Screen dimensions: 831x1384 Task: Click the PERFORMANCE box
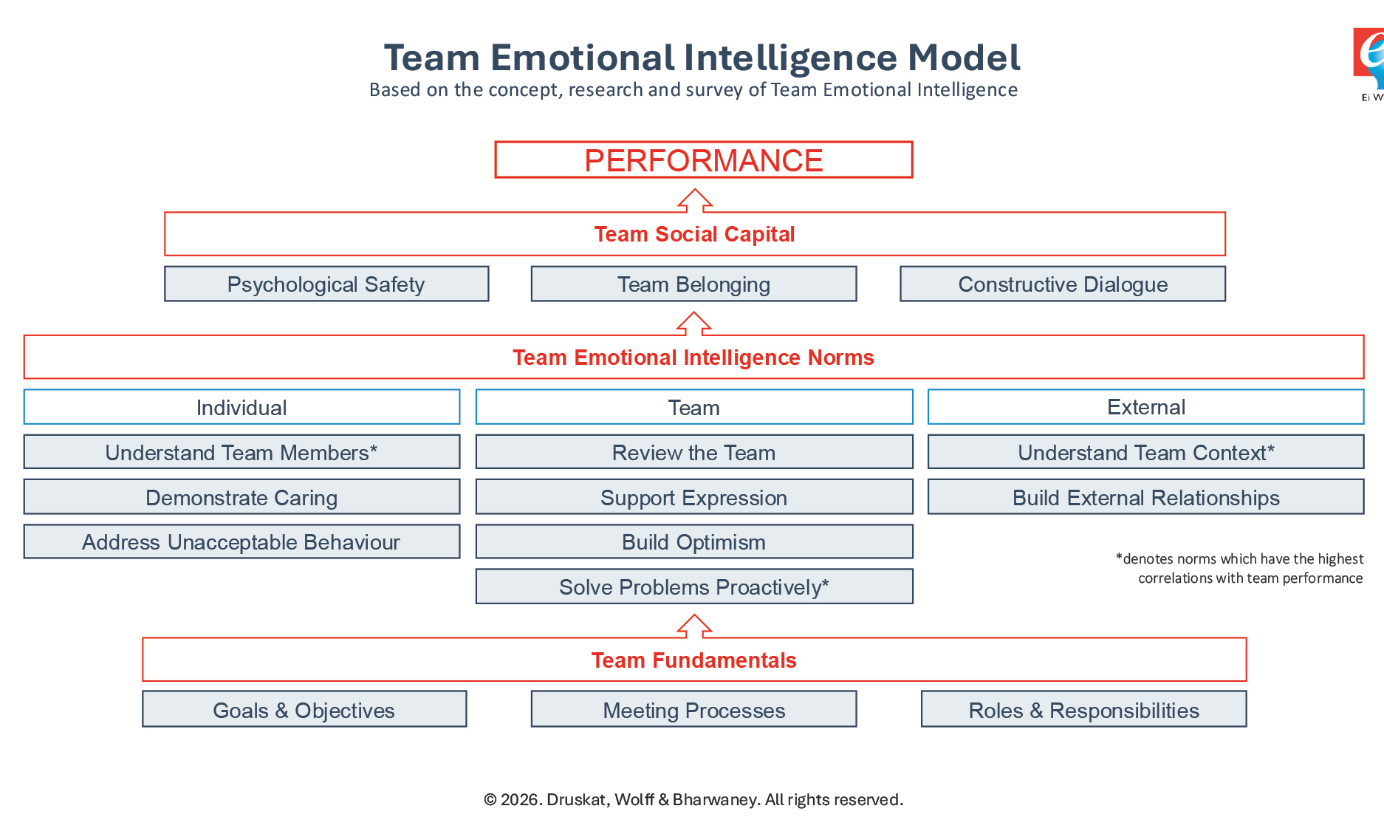coord(703,160)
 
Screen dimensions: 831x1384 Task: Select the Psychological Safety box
coord(326,284)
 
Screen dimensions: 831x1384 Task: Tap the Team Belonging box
coord(693,284)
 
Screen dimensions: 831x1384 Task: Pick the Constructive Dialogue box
coord(1062,284)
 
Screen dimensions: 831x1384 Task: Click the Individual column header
coord(241,407)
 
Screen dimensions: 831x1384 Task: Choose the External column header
coord(1145,407)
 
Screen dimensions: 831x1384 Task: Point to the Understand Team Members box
coord(241,452)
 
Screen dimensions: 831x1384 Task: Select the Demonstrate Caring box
coord(241,497)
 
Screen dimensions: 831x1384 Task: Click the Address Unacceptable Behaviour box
coord(241,541)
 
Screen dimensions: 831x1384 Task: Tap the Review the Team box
coord(693,452)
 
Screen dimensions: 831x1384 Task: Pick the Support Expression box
coord(693,497)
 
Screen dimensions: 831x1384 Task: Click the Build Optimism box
coord(693,541)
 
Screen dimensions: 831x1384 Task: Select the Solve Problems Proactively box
coord(693,587)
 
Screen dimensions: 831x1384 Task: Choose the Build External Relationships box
coord(1145,497)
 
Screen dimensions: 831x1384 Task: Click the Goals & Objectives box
coord(304,709)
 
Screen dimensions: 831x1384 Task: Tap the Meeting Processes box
coord(693,709)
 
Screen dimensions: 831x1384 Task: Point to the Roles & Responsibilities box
coord(1083,709)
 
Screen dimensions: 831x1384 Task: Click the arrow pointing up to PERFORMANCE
coord(695,200)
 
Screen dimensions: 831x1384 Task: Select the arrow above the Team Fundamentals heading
coord(695,626)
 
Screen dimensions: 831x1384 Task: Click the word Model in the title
coord(963,58)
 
